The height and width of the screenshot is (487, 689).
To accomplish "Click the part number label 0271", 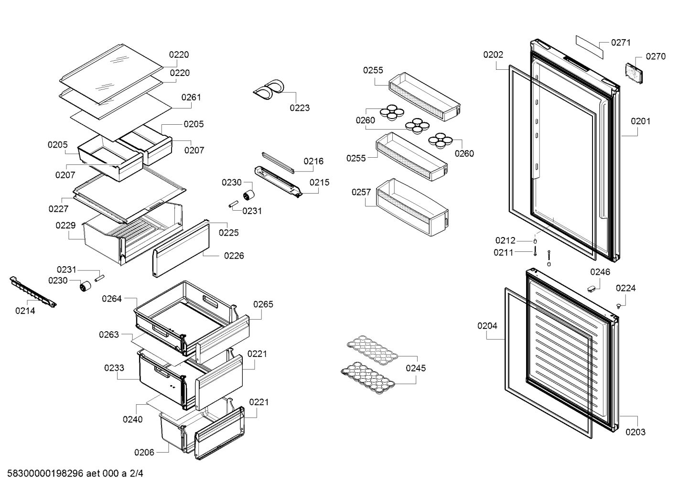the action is pyautogui.click(x=621, y=43).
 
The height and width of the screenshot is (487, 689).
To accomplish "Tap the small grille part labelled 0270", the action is pyautogui.click(x=634, y=73).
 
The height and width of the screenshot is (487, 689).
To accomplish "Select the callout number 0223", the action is pyautogui.click(x=300, y=108).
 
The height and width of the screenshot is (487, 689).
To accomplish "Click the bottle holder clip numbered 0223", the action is pyautogui.click(x=269, y=89).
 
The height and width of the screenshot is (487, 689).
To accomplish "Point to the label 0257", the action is pyautogui.click(x=361, y=192).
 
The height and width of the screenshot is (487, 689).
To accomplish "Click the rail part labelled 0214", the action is pyautogui.click(x=33, y=292).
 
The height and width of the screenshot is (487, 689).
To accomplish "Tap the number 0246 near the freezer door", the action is pyautogui.click(x=600, y=272).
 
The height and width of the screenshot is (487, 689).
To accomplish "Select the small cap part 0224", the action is pyautogui.click(x=619, y=305).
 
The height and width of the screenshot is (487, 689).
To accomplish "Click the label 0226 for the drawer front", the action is pyautogui.click(x=234, y=256).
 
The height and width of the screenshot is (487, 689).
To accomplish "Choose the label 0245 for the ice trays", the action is pyautogui.click(x=416, y=368).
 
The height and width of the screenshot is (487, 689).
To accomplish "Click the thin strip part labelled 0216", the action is pyautogui.click(x=278, y=162).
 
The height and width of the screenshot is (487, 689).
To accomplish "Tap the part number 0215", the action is pyautogui.click(x=319, y=183).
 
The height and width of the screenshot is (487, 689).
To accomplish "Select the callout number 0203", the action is pyautogui.click(x=635, y=432).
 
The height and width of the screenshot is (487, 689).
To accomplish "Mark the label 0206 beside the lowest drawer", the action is pyautogui.click(x=144, y=453).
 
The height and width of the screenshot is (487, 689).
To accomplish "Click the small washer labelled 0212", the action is pyautogui.click(x=535, y=241).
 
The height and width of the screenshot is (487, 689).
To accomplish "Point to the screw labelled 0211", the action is pyautogui.click(x=535, y=251).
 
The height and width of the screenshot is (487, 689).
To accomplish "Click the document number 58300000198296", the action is pyautogui.click(x=45, y=474).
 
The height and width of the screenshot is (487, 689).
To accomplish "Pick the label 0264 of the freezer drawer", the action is pyautogui.click(x=112, y=299).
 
